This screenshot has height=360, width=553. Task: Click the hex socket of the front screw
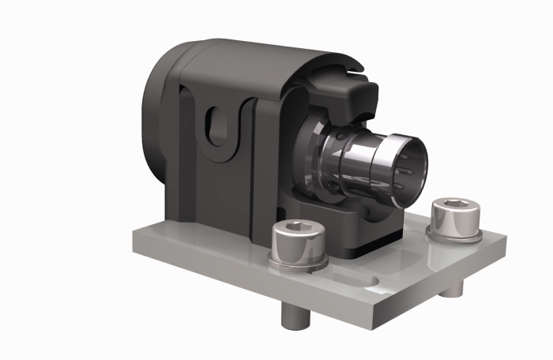(x=296, y=228)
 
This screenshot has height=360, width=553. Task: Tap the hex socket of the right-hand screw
(x=451, y=205)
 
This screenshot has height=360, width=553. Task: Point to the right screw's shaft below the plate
(x=451, y=291)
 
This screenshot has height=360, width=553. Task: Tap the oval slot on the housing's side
(x=217, y=126)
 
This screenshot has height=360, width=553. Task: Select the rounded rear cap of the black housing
(x=158, y=118)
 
